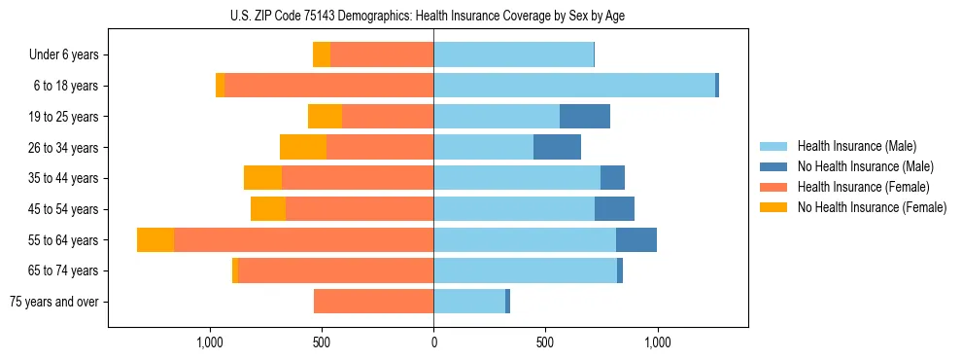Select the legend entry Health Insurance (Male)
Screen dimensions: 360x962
[856, 146]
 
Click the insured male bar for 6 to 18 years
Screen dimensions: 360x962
[573, 86]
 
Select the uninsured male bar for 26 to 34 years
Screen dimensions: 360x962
[557, 147]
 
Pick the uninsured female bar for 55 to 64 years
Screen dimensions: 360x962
[155, 240]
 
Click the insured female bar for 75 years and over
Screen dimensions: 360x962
[373, 302]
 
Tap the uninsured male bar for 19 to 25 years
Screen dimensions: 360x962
[585, 117]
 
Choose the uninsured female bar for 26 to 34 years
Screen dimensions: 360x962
[303, 147]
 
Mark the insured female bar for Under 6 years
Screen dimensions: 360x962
[382, 55]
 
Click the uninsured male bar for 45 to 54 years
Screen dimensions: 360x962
[614, 209]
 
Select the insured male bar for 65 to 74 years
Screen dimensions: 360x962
[525, 270]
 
